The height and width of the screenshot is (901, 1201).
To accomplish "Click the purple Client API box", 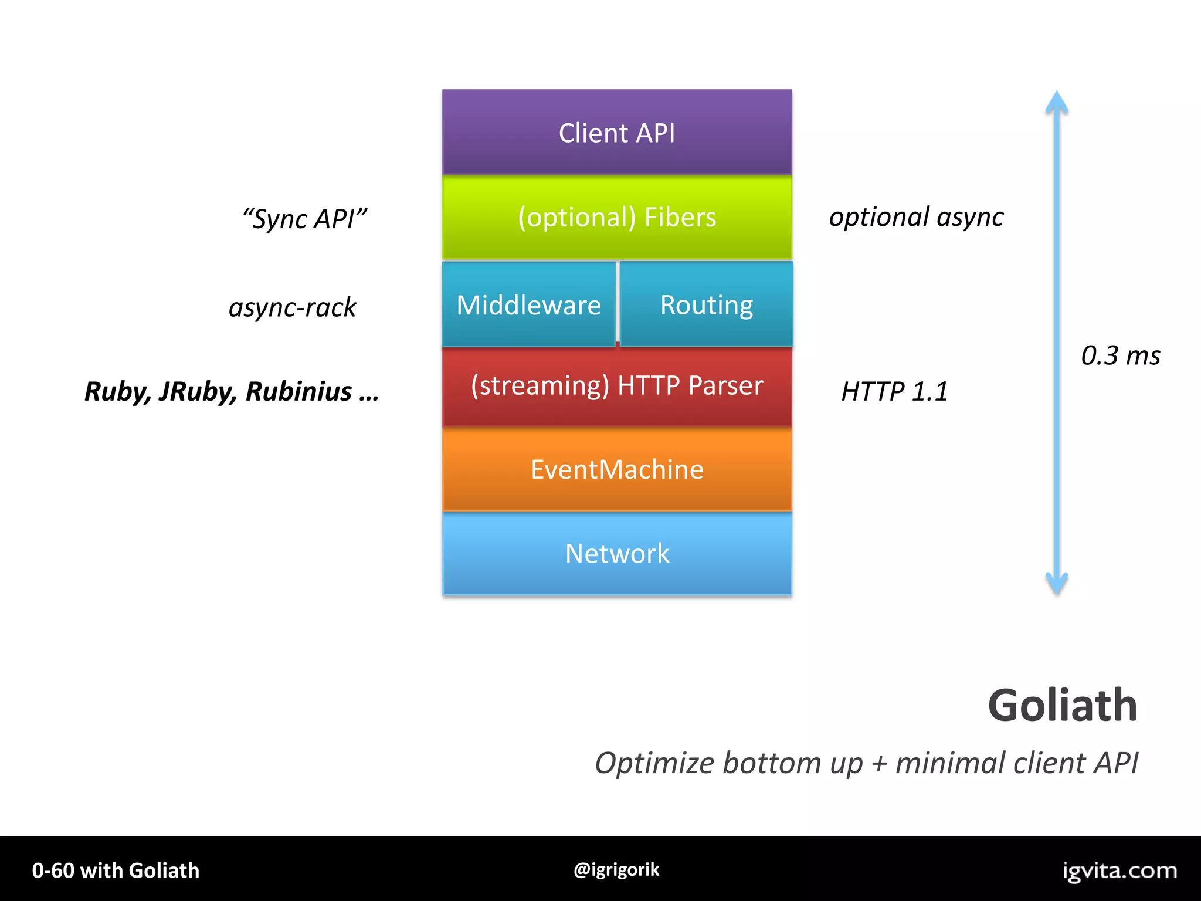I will pyautogui.click(x=617, y=132).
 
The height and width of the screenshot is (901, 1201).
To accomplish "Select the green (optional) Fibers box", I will pyautogui.click(x=617, y=217).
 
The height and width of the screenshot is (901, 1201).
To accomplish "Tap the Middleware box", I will pyautogui.click(x=528, y=304).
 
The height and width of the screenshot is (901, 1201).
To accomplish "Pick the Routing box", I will pyautogui.click(x=706, y=304).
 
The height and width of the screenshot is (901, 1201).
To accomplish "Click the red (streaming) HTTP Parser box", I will pyautogui.click(x=617, y=386).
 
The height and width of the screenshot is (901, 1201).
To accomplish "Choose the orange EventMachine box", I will pyautogui.click(x=617, y=469).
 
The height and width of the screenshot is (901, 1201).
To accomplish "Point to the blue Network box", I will pyautogui.click(x=617, y=553).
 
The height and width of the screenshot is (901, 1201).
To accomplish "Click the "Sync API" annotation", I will pyautogui.click(x=304, y=219).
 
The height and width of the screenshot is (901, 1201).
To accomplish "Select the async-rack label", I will pyautogui.click(x=292, y=307).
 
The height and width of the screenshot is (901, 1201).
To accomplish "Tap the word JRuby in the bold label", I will pyautogui.click(x=197, y=391).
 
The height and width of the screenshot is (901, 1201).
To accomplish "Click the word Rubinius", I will pyautogui.click(x=298, y=391).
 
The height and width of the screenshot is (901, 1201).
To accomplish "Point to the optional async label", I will pyautogui.click(x=916, y=217).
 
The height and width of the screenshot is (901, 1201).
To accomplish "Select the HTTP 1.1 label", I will pyautogui.click(x=894, y=391).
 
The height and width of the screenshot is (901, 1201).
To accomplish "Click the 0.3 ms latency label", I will pyautogui.click(x=1120, y=355).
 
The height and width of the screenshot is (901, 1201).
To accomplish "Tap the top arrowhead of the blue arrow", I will pyautogui.click(x=1057, y=102).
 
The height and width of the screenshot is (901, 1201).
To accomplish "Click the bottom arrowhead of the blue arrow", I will pyautogui.click(x=1057, y=584).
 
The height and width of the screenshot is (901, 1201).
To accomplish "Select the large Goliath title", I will pyautogui.click(x=1063, y=705).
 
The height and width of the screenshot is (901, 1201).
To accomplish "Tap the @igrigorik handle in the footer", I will pyautogui.click(x=616, y=869).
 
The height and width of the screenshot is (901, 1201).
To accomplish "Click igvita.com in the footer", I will pyautogui.click(x=1119, y=870).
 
